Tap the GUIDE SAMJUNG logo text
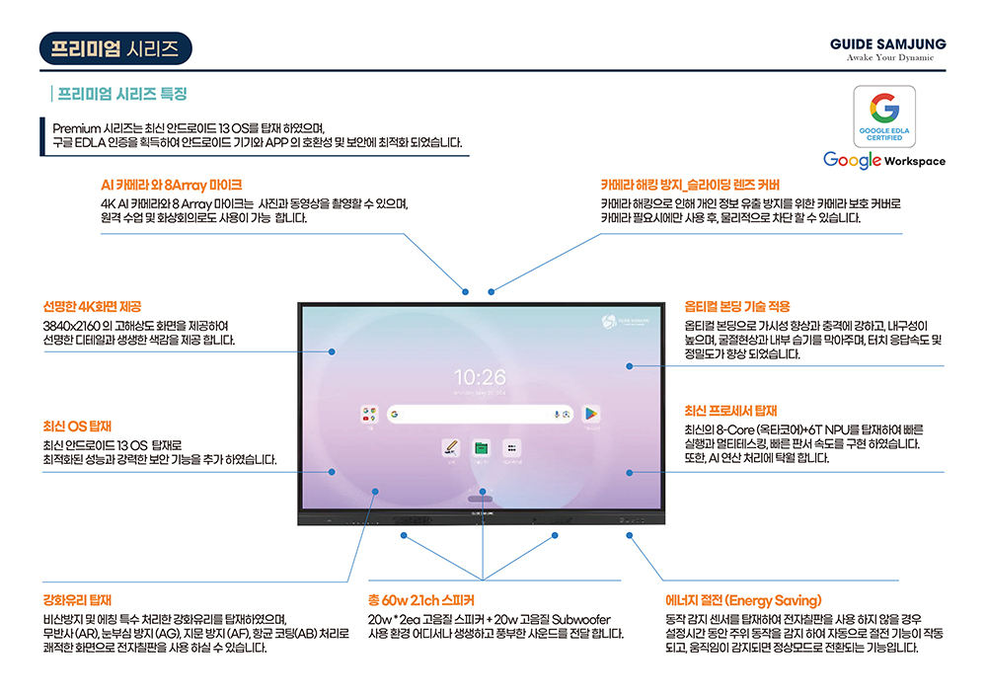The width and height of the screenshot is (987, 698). click(887, 44)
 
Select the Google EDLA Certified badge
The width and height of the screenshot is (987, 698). click(884, 115)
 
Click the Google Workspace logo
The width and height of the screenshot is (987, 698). click(883, 160)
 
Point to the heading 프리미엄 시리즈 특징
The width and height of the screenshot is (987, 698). click(122, 95)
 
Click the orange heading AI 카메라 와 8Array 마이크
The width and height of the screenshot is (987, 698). click(171, 185)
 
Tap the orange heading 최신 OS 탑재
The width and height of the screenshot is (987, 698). click(77, 427)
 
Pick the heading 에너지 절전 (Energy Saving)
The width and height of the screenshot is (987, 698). click(743, 599)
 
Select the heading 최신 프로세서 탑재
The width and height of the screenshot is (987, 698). click(731, 411)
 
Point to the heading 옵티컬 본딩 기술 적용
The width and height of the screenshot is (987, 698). click(737, 307)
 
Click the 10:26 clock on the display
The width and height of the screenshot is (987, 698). click(480, 377)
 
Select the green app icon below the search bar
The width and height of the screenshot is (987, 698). click(482, 448)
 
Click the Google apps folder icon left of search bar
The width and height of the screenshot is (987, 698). click(370, 415)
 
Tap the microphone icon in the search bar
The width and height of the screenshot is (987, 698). click(557, 415)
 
